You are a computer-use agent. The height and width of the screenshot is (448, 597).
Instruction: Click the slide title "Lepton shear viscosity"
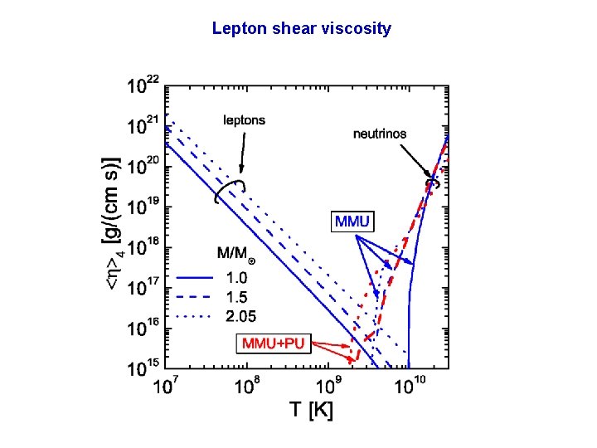301,29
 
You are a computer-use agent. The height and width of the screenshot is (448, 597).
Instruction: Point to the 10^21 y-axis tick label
145,125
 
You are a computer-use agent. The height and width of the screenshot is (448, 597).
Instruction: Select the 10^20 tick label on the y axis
145,166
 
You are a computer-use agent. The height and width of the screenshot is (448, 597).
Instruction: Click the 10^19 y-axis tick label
145,207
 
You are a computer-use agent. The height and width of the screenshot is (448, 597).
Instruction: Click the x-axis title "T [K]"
311,409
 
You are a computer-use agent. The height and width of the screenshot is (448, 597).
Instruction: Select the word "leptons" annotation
245,120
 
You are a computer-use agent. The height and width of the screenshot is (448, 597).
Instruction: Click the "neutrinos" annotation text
380,133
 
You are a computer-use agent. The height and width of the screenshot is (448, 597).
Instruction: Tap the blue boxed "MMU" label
353,222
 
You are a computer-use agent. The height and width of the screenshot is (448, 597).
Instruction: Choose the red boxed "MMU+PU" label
274,343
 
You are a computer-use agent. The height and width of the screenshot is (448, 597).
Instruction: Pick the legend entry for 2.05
241,315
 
